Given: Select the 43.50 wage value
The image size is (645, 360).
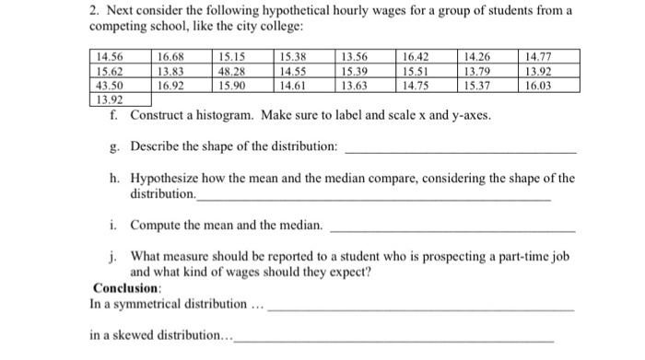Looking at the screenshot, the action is (110, 84).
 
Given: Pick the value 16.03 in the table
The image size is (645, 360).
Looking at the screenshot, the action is (540, 84).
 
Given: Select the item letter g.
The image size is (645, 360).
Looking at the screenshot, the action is (112, 147).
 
